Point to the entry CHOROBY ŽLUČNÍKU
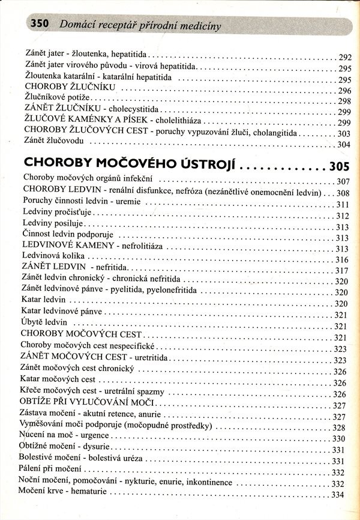coord(65,89)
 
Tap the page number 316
coord(341,260)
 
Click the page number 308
coord(343,193)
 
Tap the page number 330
coord(339,439)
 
